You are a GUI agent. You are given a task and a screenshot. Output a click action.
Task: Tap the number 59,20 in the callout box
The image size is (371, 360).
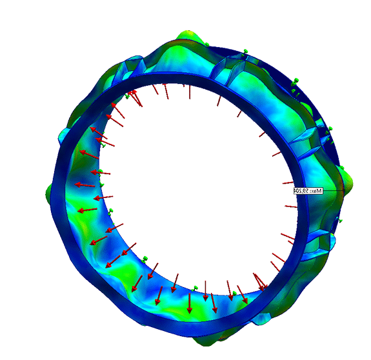pos(302,190)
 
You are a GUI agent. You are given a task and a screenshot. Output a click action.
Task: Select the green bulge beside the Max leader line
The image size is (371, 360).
pos(348,182)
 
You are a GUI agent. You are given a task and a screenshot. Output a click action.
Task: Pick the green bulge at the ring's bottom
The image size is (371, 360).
pos(205,341)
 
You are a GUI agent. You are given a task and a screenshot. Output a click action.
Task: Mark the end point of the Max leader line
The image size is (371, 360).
pos(344,190)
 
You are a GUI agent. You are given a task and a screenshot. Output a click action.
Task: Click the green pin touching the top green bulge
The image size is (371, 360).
pos(207,45)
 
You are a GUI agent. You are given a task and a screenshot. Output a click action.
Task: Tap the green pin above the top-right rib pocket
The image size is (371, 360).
pos(245,52)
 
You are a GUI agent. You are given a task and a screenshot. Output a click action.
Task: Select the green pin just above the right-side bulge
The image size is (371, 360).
pos(342,168)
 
